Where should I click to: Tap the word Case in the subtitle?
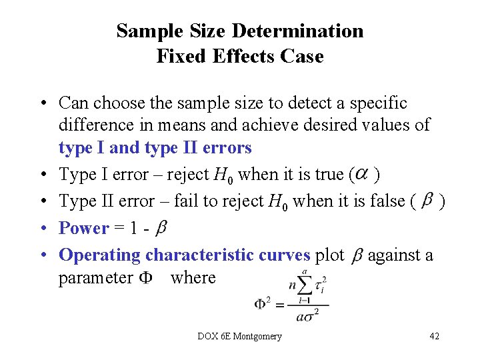point(303,57)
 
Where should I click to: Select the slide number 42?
point(434,336)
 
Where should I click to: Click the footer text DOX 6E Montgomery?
point(240,336)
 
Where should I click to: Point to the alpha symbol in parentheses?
point(361,174)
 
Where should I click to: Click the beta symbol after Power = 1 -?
point(161,229)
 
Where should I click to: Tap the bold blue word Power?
point(84,228)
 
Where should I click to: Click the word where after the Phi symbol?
point(193,278)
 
